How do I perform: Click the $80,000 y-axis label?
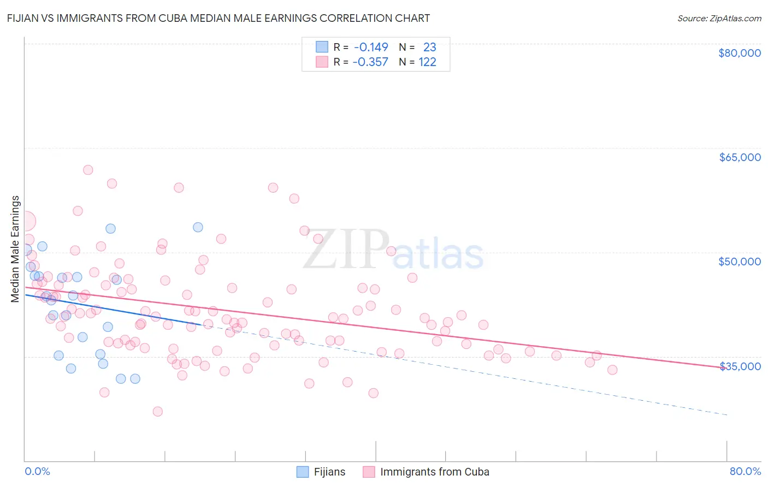pyautogui.click(x=739, y=53)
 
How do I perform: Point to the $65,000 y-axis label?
pyautogui.click(x=739, y=157)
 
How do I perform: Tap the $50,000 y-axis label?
pyautogui.click(x=739, y=262)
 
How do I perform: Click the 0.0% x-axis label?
pyautogui.click(x=37, y=471)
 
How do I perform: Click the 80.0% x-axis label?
pyautogui.click(x=745, y=471)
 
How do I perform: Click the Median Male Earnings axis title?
pyautogui.click(x=15, y=248)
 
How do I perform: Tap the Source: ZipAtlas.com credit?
pyautogui.click(x=719, y=18)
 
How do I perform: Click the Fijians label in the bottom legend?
pyautogui.click(x=329, y=472)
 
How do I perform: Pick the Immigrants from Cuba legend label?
pyautogui.click(x=434, y=472)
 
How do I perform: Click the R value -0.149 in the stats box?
pyautogui.click(x=371, y=47)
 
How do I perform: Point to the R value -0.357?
pyautogui.click(x=370, y=62)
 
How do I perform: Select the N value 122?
pyautogui.click(x=427, y=62)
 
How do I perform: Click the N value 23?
pyautogui.click(x=429, y=47)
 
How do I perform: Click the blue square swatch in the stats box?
pyautogui.click(x=322, y=47)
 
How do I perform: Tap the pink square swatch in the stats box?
pyautogui.click(x=322, y=62)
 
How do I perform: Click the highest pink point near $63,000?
pyautogui.click(x=88, y=170)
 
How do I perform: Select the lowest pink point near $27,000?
pyautogui.click(x=158, y=411)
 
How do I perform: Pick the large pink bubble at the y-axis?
pyautogui.click(x=26, y=222)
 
